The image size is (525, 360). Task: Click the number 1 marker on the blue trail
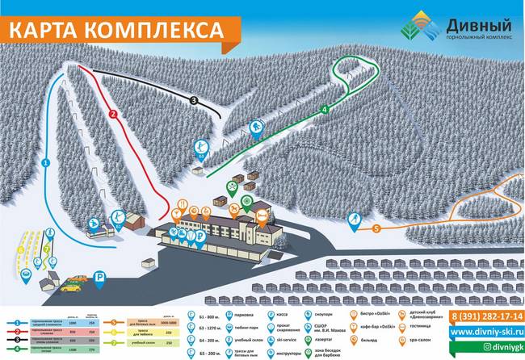coord(46,163)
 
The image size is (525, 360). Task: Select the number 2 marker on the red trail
coord(114,114)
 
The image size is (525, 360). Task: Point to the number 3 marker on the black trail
coord(194,100)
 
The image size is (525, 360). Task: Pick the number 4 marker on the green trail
coord(323,109)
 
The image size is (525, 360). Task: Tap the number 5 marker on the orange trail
coord(376,229)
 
